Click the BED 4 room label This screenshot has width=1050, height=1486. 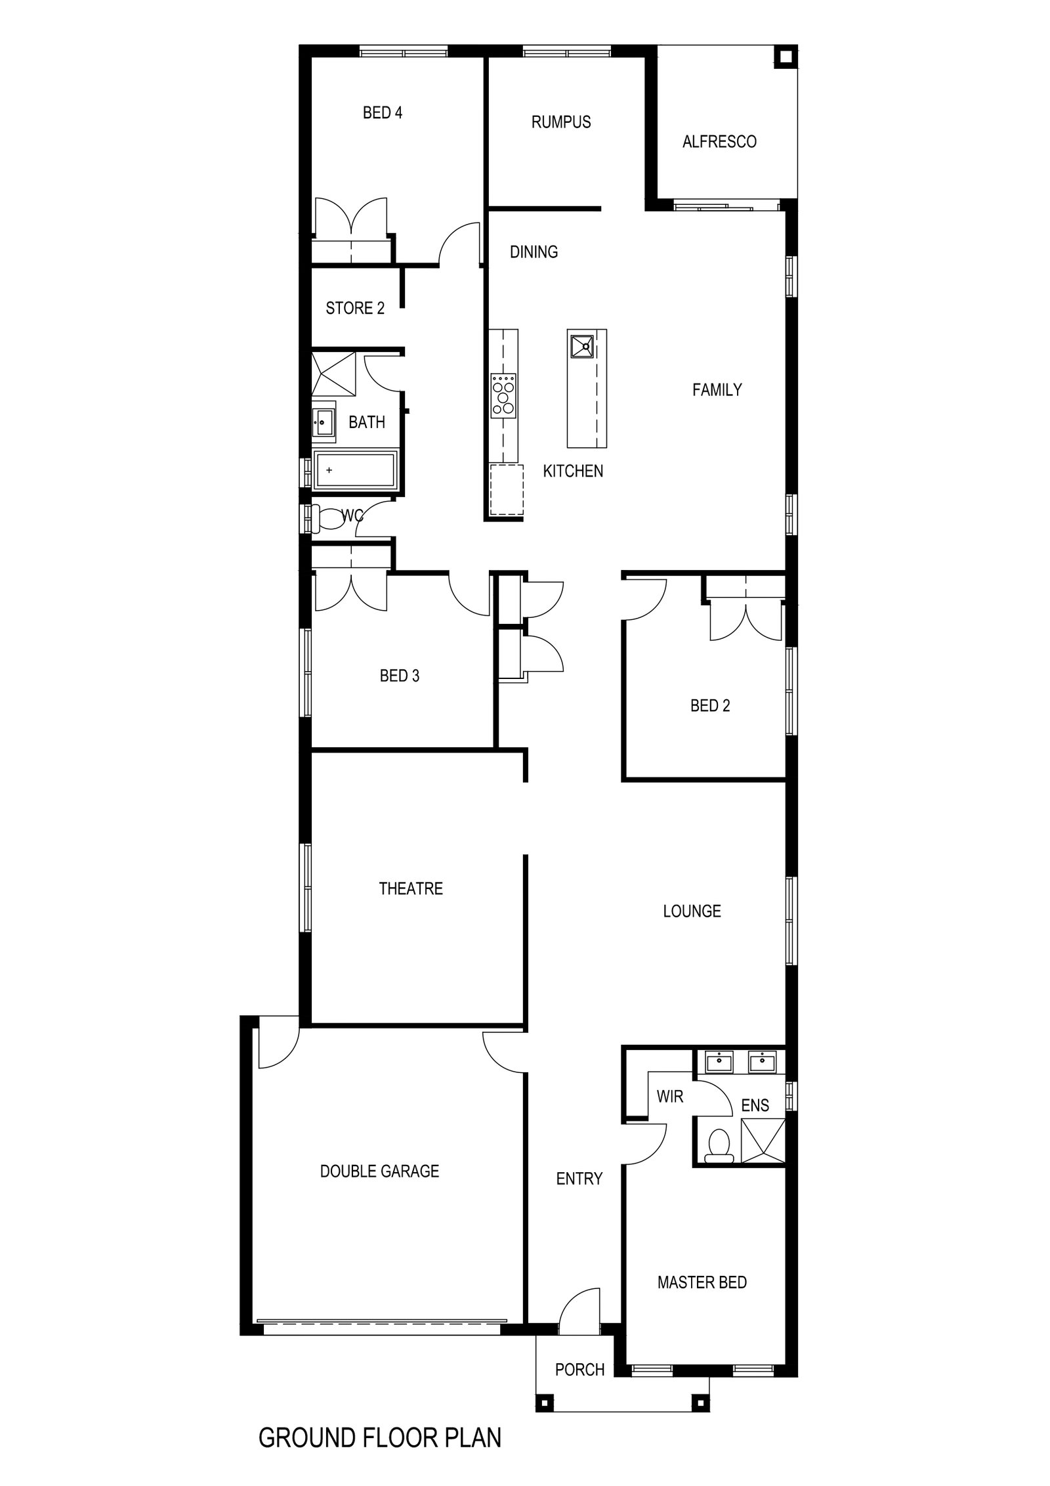click(382, 113)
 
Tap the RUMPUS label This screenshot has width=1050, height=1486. click(561, 122)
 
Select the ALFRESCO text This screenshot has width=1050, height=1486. click(719, 142)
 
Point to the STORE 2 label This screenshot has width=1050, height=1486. click(355, 308)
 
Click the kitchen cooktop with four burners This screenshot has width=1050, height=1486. click(503, 396)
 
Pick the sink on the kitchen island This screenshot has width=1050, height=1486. click(581, 345)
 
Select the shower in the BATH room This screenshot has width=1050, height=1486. click(334, 374)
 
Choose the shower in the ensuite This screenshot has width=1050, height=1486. click(762, 1141)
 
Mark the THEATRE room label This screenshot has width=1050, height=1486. click(411, 889)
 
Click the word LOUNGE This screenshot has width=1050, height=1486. click(692, 911)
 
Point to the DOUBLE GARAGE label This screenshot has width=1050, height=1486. click(379, 1171)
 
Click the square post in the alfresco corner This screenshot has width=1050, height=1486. click(784, 57)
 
